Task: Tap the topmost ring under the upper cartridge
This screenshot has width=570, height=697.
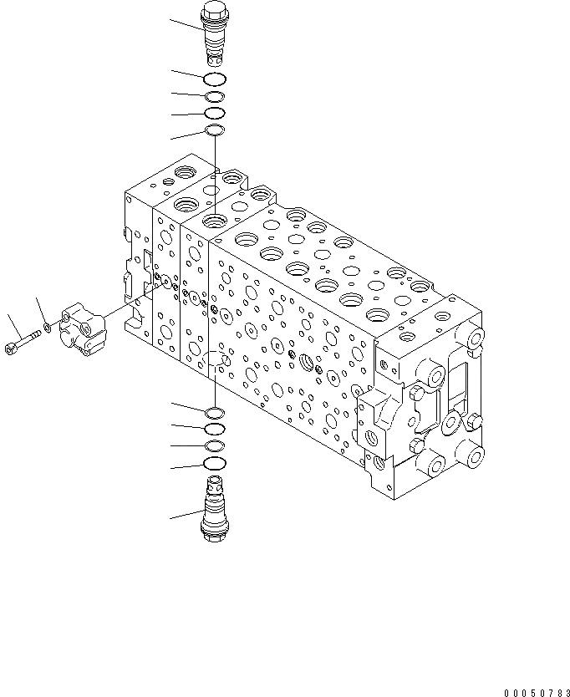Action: (215, 79)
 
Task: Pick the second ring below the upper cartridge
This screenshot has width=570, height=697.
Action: (215, 96)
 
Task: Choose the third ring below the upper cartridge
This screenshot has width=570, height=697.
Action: (215, 113)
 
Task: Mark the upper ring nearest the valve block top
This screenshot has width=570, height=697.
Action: (215, 130)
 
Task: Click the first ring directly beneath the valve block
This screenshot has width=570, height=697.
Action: (215, 412)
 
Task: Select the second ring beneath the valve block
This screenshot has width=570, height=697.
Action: (215, 429)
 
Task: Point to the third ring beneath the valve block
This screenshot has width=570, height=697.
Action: (215, 445)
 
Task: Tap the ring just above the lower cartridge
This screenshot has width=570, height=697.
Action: (215, 464)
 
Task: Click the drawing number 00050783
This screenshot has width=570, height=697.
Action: (534, 692)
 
